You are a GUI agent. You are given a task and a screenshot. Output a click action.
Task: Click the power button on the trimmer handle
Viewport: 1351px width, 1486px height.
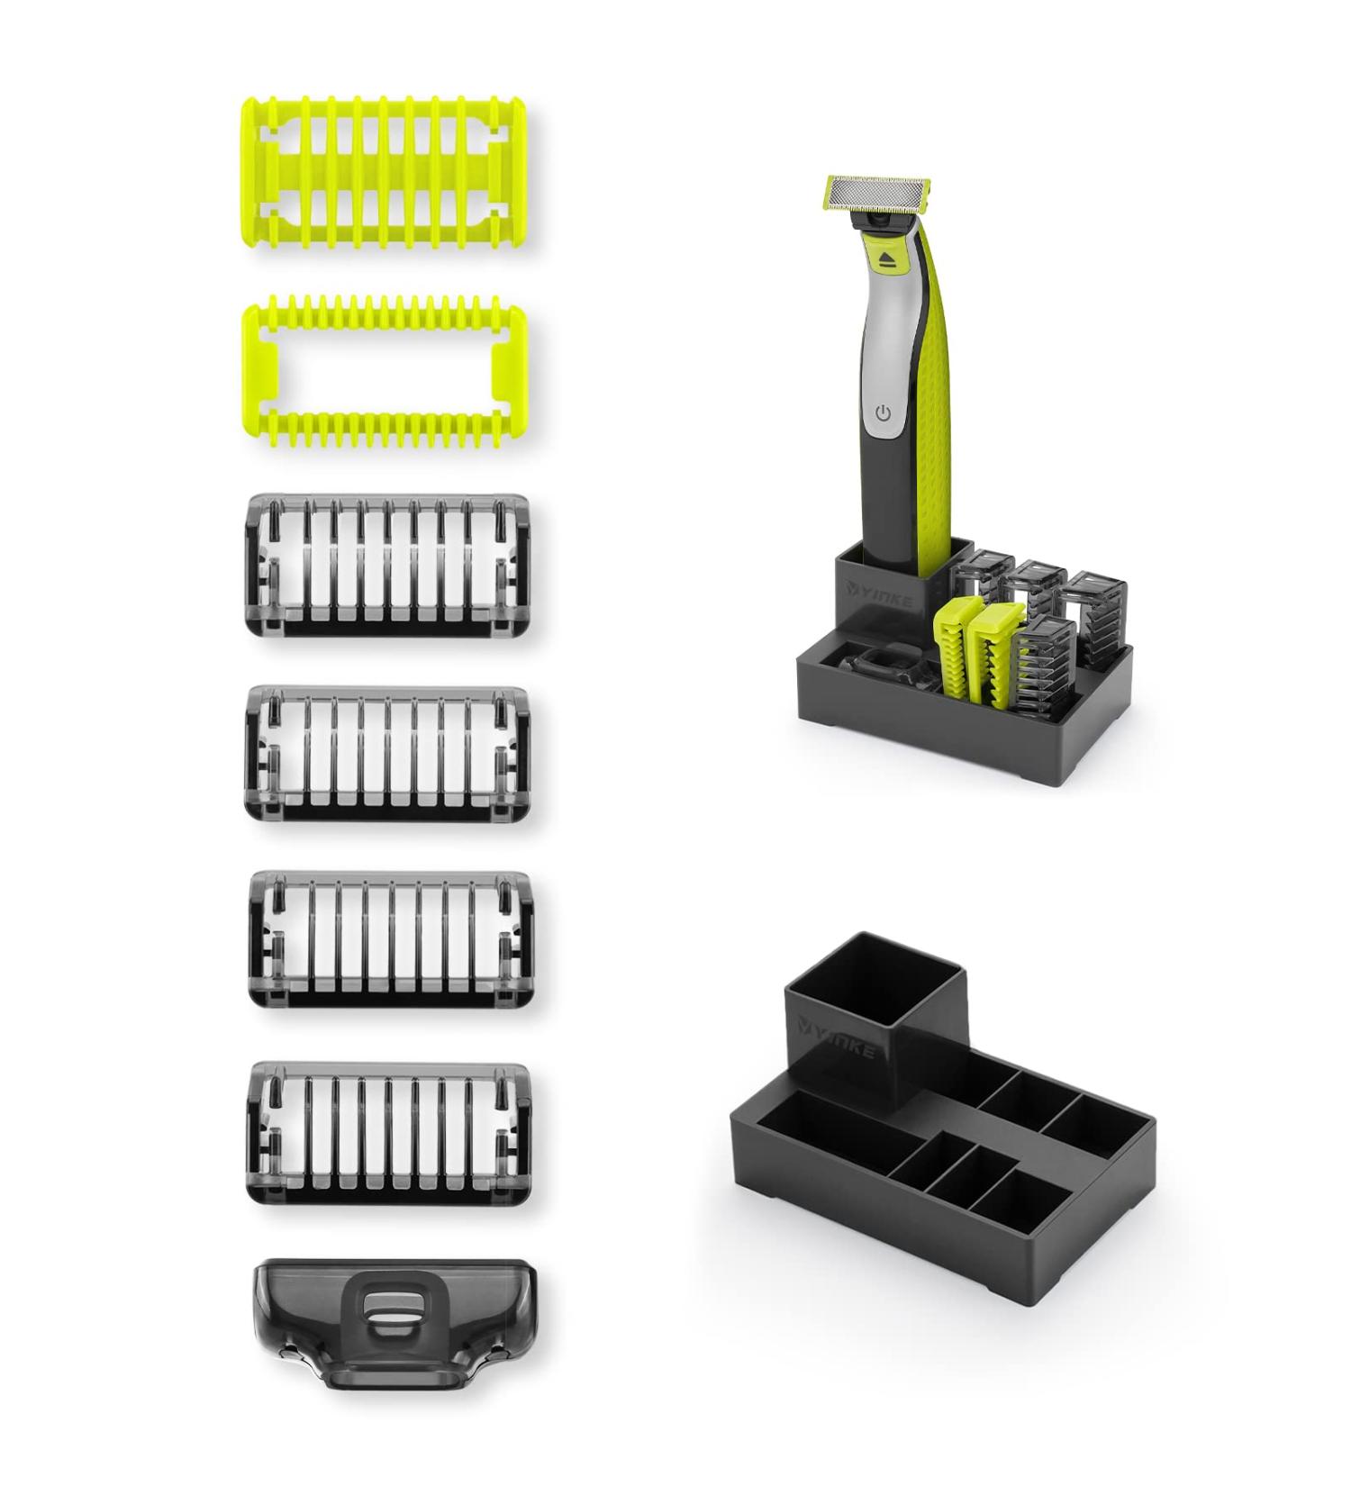pos(883,413)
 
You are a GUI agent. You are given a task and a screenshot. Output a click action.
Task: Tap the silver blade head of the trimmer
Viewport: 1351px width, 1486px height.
pos(870,191)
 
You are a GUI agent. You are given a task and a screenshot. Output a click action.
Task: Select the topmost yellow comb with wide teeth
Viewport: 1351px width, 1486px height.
pos(385,171)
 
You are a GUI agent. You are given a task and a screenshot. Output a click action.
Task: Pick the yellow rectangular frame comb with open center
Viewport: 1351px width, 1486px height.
pos(385,376)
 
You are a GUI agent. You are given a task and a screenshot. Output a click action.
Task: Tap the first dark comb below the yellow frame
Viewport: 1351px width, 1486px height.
pos(387,565)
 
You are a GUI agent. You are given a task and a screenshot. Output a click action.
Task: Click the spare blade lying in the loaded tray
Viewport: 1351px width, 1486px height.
pos(878,671)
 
